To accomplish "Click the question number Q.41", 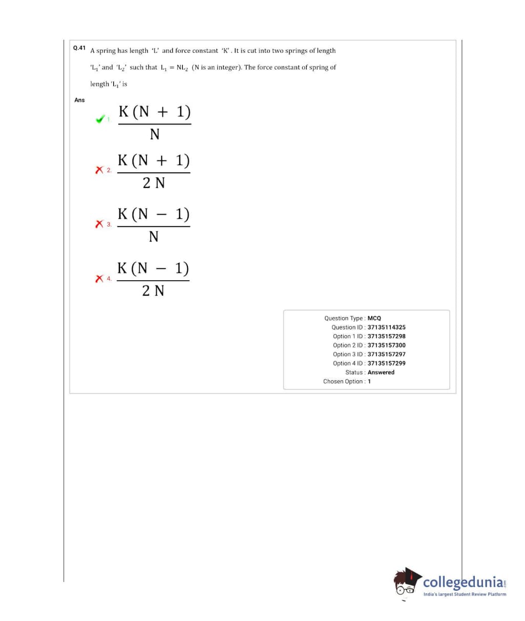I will [79, 48].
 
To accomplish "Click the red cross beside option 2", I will [99, 170].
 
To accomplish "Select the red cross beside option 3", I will [99, 224].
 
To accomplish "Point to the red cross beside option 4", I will [99, 278].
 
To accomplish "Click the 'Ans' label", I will [79, 100].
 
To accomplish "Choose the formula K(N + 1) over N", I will [155, 123].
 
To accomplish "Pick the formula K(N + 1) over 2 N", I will [154, 172].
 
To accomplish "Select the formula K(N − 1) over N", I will [154, 225].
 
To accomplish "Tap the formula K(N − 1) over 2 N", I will [153, 280].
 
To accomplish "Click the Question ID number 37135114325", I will [387, 327].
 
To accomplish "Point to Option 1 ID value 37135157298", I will [387, 336].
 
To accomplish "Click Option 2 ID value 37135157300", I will [387, 345].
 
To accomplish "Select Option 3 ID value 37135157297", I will [387, 354].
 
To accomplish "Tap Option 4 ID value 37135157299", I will [387, 363].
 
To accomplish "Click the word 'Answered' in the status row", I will [381, 372].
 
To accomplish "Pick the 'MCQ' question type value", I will [374, 318].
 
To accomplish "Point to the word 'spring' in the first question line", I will [106, 51].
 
